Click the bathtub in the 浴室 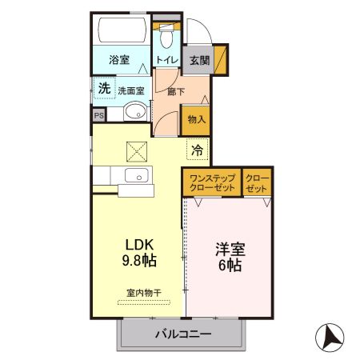coord(122,30)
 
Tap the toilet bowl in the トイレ coord(166,38)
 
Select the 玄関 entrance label coord(199,61)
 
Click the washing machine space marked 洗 coord(104,88)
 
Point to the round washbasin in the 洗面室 coord(136,111)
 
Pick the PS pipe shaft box coord(99,116)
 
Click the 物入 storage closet coord(196,120)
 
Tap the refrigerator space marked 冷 coord(198,150)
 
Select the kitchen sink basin coord(137,175)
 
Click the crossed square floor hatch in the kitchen coord(137,151)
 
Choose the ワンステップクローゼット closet coord(212,182)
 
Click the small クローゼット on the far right coord(257,182)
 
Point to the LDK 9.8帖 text coord(139,252)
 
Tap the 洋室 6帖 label coord(230,257)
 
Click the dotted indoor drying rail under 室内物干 coord(144,302)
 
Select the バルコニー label coord(183,334)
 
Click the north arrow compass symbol coord(330,338)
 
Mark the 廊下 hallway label coord(176,92)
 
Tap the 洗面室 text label coord(131,90)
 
